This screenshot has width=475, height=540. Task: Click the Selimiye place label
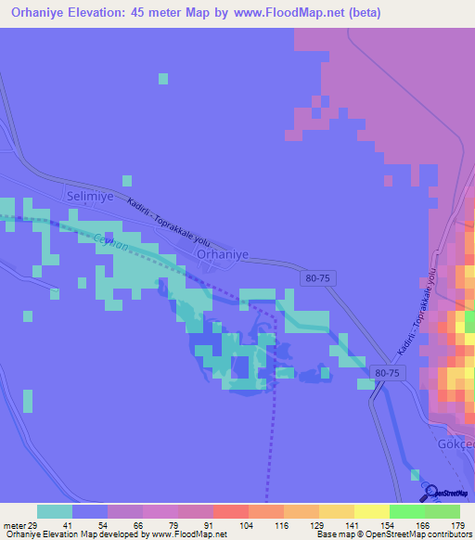pyautogui.click(x=90, y=198)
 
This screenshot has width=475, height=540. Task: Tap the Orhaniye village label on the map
pyautogui.click(x=222, y=252)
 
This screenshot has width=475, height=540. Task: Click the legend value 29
pyautogui.click(x=35, y=525)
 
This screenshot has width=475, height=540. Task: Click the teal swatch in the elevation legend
pyautogui.click(x=55, y=511)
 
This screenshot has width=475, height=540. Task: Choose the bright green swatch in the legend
pyautogui.click(x=406, y=511)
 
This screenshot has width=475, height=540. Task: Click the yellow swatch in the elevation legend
pyautogui.click(x=371, y=511)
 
